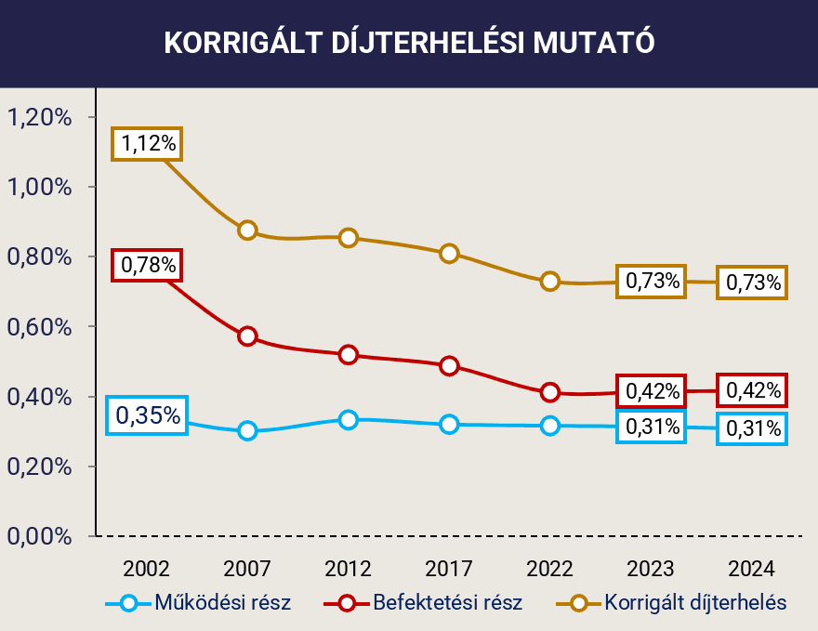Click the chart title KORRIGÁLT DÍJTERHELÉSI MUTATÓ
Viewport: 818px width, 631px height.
[409, 44]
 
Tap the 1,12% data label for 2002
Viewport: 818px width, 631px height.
[147, 143]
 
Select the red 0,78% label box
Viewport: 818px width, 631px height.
[147, 265]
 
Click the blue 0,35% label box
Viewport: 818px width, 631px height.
[147, 415]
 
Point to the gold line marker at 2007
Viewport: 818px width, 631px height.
[247, 230]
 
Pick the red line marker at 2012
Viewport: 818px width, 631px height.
[349, 355]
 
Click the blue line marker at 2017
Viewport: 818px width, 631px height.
[449, 424]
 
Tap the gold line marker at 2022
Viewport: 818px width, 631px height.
[550, 281]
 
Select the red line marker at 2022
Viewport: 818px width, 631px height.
[550, 392]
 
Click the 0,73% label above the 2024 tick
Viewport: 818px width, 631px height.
[752, 282]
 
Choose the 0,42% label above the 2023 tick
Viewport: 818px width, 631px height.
[651, 391]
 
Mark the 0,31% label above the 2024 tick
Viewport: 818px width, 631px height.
[752, 428]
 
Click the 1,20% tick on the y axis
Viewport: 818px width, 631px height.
[40, 117]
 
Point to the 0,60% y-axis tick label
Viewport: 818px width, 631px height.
[40, 327]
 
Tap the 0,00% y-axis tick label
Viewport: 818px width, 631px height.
[40, 536]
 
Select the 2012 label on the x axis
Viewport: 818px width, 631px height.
[349, 569]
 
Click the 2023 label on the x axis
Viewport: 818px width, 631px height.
[651, 569]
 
